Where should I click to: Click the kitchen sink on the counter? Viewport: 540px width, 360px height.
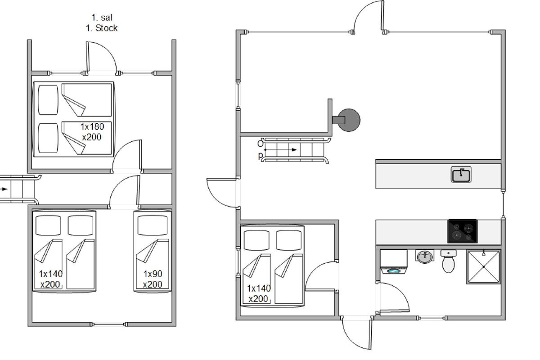[x=461, y=174]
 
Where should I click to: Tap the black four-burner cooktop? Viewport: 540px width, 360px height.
[x=463, y=231]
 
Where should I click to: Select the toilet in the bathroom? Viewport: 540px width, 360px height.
[x=448, y=261]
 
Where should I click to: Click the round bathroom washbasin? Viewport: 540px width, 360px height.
[x=425, y=256]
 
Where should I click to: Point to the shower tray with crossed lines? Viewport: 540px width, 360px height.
[x=484, y=267]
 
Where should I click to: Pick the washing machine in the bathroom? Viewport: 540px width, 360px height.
[x=394, y=262]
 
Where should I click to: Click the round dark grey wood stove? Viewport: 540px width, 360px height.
[x=346, y=120]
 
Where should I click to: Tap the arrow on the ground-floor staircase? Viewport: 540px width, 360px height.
[x=281, y=150]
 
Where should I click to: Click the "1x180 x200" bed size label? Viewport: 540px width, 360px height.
[x=92, y=132]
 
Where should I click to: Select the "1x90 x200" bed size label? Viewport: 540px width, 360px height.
[x=153, y=279]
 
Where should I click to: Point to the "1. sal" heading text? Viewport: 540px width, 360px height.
[x=102, y=18]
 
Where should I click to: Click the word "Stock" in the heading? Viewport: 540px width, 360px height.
[x=106, y=28]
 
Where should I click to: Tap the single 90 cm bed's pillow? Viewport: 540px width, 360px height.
[x=153, y=225]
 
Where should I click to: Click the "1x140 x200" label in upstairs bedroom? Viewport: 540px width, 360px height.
[x=50, y=279]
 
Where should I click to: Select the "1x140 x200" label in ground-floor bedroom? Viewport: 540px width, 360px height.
[x=259, y=293]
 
